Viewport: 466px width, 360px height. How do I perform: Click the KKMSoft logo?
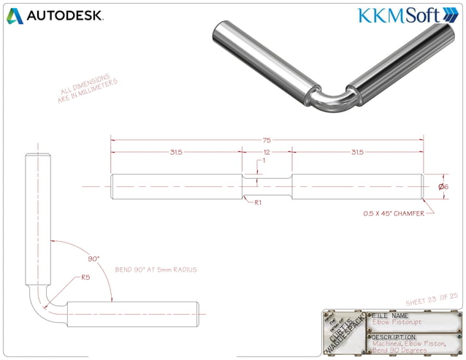click(x=405, y=15)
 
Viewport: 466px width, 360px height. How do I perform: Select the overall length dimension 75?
click(x=267, y=139)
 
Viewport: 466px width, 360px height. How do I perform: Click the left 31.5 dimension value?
click(x=176, y=152)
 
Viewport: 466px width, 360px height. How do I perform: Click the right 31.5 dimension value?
click(x=358, y=152)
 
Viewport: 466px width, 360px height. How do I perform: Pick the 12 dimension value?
click(x=267, y=152)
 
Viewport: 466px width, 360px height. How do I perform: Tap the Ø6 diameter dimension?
click(x=443, y=186)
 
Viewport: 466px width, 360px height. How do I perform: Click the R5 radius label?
click(x=85, y=277)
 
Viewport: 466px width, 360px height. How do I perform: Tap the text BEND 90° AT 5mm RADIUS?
click(x=156, y=269)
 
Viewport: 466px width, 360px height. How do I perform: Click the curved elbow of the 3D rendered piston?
click(x=332, y=102)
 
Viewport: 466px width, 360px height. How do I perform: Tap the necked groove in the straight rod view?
click(x=267, y=186)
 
